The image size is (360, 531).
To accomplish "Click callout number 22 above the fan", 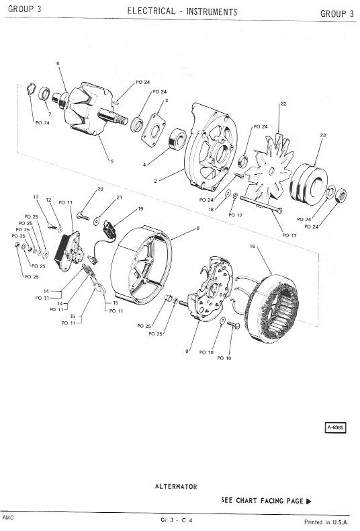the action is [283, 104].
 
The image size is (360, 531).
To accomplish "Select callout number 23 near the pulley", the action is [323, 135].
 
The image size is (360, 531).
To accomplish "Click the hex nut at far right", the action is [341, 196].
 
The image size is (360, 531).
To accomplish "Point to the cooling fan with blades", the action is [269, 170].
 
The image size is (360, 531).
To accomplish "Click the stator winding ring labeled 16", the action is [273, 307].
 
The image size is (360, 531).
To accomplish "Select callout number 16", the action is [252, 246].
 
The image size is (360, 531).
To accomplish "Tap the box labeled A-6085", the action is [335, 427].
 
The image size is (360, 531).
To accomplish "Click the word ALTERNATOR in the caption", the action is [176, 487].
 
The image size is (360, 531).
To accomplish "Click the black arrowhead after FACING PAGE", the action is [308, 501].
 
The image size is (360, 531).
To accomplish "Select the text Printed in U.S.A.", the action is [326, 522].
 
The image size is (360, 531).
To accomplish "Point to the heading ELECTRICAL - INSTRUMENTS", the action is [183, 11].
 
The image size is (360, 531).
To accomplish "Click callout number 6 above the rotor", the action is [58, 63].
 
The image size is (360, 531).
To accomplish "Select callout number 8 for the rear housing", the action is [198, 228].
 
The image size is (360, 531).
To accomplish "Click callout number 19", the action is [141, 208].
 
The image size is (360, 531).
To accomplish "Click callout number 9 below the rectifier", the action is [187, 351].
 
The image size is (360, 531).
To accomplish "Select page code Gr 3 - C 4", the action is [177, 520].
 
